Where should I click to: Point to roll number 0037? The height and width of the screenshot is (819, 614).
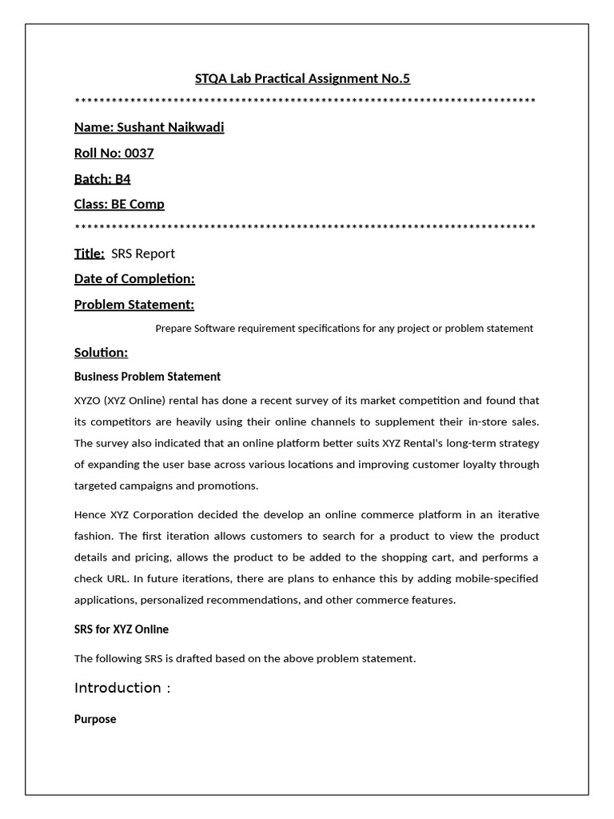pos(139,153)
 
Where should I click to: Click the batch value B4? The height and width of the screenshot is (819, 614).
pos(122,178)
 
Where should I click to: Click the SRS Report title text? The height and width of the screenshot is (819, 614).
pos(143,254)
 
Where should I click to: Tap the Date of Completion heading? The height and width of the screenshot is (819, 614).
pos(134,278)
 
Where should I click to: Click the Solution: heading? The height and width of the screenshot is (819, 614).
pos(101,353)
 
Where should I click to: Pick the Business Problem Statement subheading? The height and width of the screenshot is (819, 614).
pos(147,377)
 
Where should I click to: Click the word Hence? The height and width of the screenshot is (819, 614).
pos(90,514)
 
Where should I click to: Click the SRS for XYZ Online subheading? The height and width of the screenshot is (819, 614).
pos(122,629)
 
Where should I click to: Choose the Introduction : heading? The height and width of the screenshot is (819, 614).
pos(122,688)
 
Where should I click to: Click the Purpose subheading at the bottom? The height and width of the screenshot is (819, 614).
pos(95,719)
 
